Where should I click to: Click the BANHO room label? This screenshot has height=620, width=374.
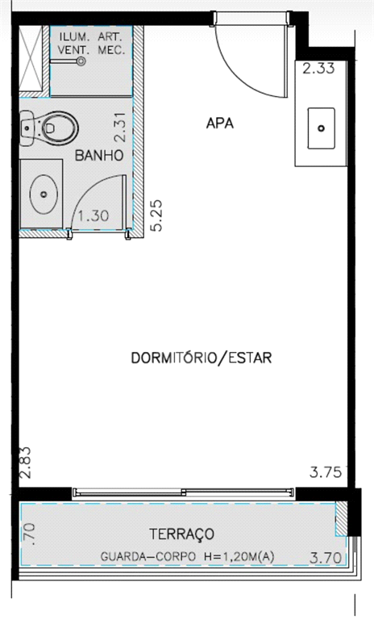tap(99, 155)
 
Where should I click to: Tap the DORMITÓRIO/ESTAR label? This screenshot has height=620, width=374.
tap(202, 358)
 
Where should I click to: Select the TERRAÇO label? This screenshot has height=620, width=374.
tap(181, 534)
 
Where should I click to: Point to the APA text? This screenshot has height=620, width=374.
tap(220, 124)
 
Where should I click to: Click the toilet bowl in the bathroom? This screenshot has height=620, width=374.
tap(59, 128)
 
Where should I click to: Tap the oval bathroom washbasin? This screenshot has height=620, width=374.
tap(44, 194)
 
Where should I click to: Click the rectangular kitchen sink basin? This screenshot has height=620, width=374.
tap(322, 128)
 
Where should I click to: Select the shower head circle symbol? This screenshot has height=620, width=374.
tap(81, 61)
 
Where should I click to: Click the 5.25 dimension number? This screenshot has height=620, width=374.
tap(157, 216)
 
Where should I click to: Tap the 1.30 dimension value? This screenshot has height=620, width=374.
tap(93, 216)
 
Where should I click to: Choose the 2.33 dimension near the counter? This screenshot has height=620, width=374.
tap(318, 69)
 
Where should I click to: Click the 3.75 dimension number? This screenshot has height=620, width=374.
tap(326, 472)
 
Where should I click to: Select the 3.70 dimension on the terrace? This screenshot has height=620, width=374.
tap(326, 558)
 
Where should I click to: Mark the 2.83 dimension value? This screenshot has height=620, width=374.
tap(25, 463)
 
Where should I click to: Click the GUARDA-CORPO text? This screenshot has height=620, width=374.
tap(148, 557)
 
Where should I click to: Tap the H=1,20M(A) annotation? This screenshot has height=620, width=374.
tap(239, 557)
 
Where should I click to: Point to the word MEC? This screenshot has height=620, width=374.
tap(112, 50)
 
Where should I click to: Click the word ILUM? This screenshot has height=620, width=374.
tap(73, 37)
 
